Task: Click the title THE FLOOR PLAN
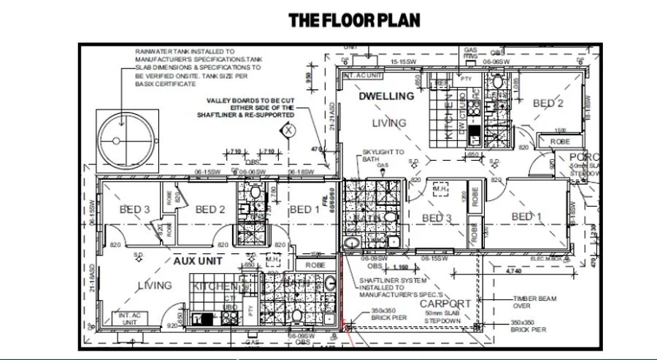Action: (x=354, y=20)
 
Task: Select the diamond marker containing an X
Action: (x=289, y=131)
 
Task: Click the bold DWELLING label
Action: (x=386, y=96)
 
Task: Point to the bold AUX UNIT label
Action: (x=196, y=260)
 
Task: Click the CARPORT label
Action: (x=445, y=303)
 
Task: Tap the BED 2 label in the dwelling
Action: (x=548, y=104)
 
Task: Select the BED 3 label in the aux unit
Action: (x=134, y=210)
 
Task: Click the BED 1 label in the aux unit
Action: (x=305, y=210)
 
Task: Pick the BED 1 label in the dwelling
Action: (x=526, y=216)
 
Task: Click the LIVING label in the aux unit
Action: (x=155, y=286)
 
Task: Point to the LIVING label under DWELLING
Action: (x=389, y=123)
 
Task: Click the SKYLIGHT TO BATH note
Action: (x=383, y=156)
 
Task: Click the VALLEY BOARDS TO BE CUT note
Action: (x=245, y=107)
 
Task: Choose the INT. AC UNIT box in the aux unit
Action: (x=125, y=318)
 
